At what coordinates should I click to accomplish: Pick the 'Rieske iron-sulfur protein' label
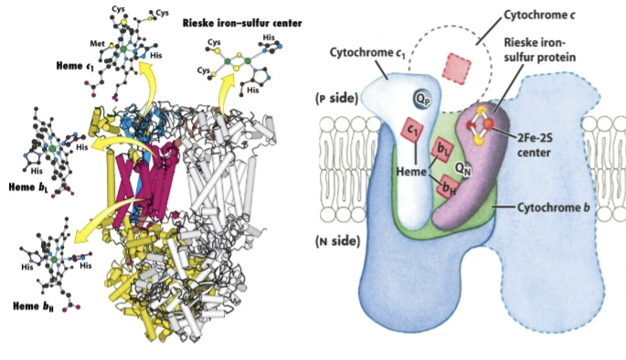coord(564,57)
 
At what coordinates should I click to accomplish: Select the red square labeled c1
coord(413,132)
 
